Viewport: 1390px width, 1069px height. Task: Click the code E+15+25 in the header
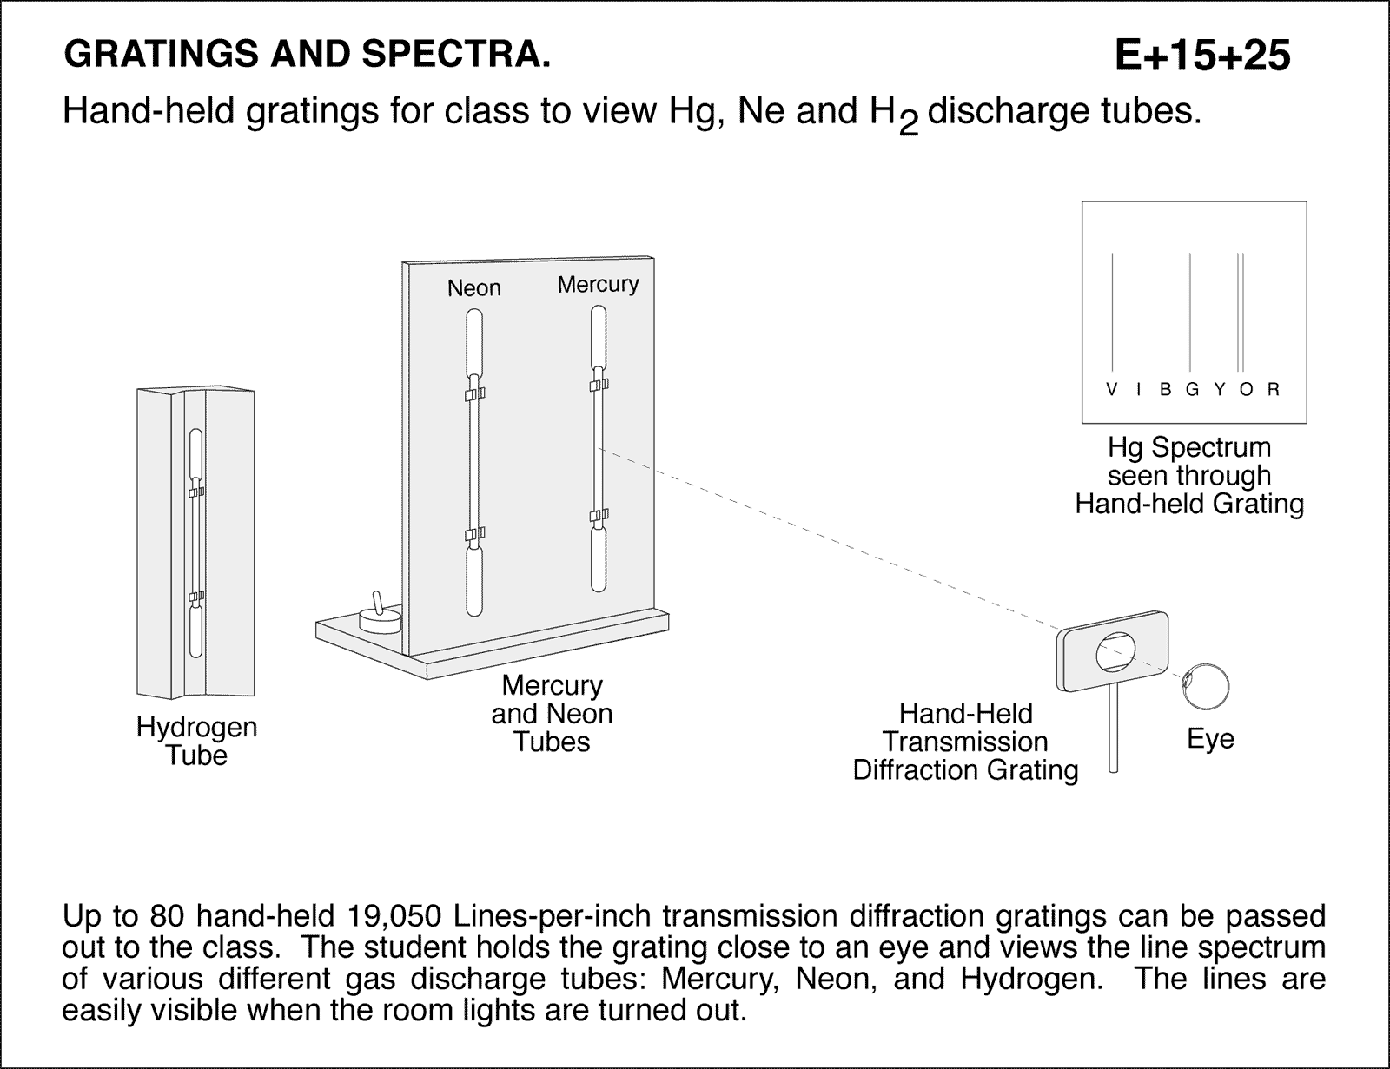[1202, 56]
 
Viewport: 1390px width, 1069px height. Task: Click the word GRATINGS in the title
[161, 55]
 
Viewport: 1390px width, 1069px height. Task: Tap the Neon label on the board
[473, 287]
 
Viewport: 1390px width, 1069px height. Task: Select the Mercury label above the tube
[598, 284]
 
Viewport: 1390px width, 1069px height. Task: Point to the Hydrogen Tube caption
[196, 741]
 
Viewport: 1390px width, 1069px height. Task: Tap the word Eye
[1210, 739]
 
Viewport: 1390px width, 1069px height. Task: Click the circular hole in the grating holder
[1115, 652]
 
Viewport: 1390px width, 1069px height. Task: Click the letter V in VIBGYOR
[1111, 390]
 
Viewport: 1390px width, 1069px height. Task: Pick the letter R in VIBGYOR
[1274, 390]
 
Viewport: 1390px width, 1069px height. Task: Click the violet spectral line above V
[1111, 313]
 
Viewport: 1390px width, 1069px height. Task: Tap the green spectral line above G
[1190, 313]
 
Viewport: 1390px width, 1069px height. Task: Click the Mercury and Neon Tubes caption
[552, 714]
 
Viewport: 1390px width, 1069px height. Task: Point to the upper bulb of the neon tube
[473, 343]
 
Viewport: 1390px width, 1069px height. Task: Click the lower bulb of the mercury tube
[598, 560]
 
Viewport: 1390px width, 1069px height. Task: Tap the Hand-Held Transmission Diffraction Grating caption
[965, 742]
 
